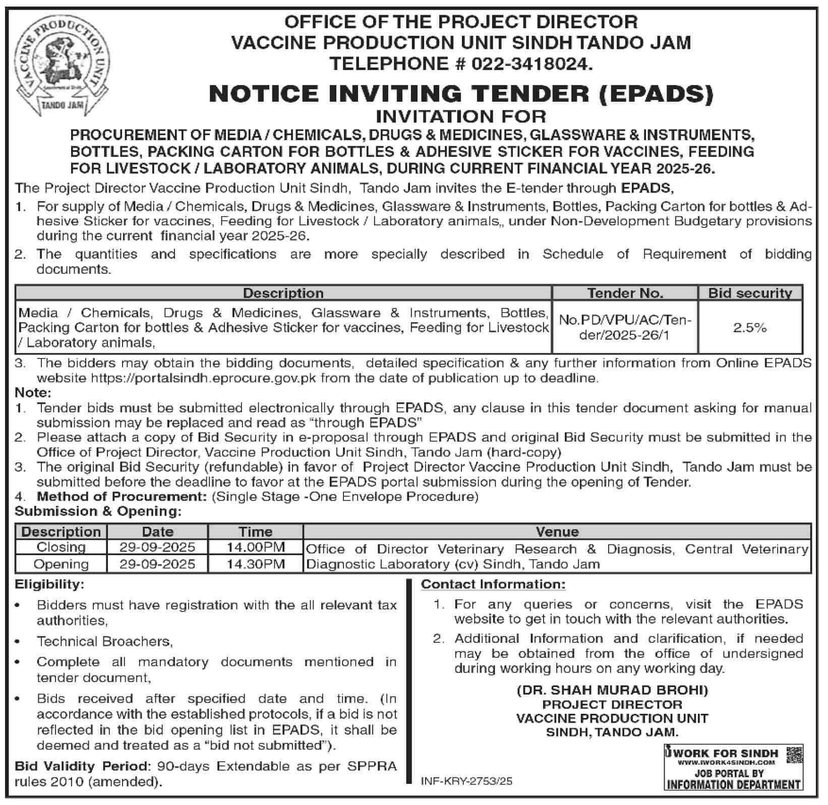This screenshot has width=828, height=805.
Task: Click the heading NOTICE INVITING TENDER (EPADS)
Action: click(x=461, y=94)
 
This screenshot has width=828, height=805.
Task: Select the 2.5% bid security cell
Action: click(x=749, y=328)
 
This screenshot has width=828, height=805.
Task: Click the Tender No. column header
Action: click(x=625, y=293)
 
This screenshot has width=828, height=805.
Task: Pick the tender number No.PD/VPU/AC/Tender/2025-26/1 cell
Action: click(x=625, y=328)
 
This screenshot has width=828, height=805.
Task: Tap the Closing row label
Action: click(x=61, y=547)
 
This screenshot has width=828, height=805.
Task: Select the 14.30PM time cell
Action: click(x=256, y=564)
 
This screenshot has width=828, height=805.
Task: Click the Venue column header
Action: click(x=557, y=532)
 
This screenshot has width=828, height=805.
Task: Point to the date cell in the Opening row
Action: click(x=157, y=564)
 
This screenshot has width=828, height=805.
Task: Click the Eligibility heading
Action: click(x=49, y=585)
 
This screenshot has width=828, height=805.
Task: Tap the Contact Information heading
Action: click(x=493, y=585)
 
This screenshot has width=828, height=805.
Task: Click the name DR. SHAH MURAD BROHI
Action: click(x=612, y=690)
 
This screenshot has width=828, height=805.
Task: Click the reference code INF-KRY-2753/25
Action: click(x=466, y=781)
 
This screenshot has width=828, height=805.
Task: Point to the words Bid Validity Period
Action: click(x=83, y=767)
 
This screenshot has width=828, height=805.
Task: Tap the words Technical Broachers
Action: click(x=104, y=641)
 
